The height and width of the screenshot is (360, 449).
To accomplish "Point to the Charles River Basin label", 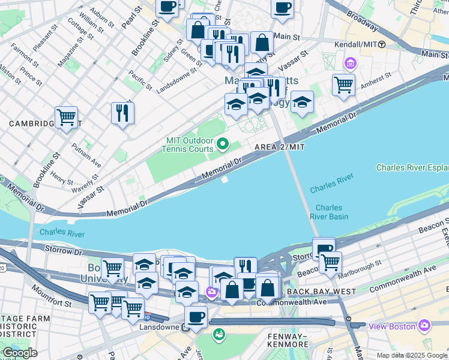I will click(328, 212).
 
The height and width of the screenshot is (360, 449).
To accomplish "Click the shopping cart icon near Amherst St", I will click(343, 84).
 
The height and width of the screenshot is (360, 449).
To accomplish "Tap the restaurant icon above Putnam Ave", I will click(122, 112).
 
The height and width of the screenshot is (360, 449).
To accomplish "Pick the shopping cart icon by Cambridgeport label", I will click(66, 116).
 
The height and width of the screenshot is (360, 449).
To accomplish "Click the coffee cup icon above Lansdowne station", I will click(195, 316).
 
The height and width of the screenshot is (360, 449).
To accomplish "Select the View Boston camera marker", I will click(425, 326).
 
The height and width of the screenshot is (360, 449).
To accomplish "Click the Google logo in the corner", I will click(19, 353).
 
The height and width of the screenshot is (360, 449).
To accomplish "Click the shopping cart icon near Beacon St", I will click(330, 262).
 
